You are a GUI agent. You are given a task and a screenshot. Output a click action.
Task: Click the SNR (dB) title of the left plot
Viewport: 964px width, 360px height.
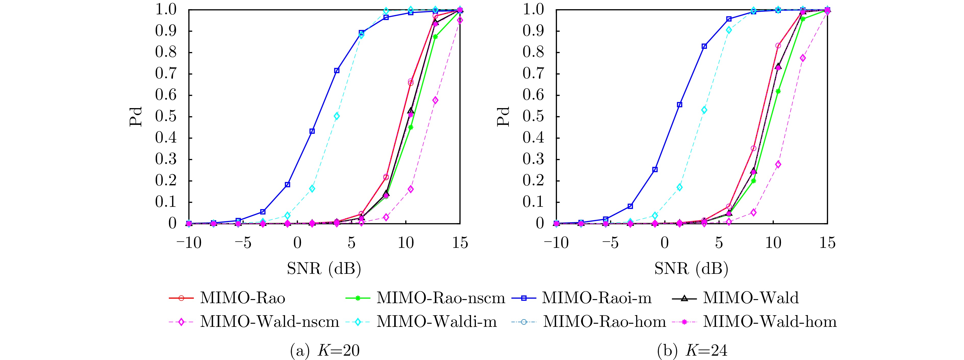coord(324,268)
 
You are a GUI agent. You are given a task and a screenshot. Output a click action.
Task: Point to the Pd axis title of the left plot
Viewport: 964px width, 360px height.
coord(136,117)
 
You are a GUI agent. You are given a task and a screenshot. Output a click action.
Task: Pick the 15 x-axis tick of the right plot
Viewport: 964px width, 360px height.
coord(827,243)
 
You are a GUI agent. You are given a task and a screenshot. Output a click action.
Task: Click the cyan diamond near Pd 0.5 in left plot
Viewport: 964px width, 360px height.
coord(336,116)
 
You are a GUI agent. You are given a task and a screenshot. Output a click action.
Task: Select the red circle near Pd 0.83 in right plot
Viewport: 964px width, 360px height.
coord(778,46)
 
